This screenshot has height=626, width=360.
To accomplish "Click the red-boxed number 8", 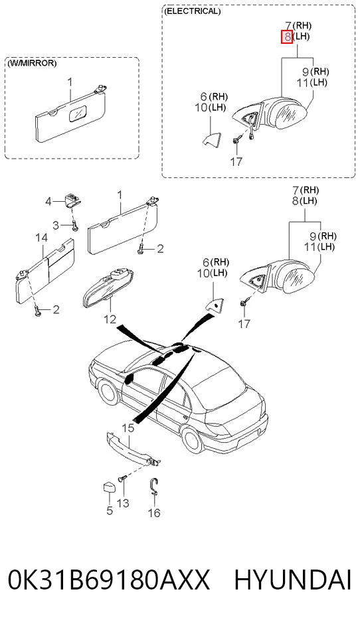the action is tap(287, 37).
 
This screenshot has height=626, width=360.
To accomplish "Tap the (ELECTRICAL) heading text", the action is tap(192, 11).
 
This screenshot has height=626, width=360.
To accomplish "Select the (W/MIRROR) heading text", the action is tap(31, 63).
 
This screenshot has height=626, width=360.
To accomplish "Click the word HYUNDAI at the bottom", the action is tap(293, 580).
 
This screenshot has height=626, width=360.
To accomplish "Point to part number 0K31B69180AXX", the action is tap(109, 580).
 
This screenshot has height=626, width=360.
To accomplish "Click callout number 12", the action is tap(110, 319).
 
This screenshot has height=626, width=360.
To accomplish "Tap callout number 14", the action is tap(42, 238).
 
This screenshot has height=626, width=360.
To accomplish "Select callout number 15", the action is tap(128, 428).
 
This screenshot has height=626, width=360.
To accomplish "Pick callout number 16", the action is tap(154, 512).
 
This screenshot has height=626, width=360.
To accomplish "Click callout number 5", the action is tap(110, 510).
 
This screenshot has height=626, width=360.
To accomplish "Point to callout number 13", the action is tap(123, 503).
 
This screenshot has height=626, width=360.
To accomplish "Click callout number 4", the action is tap(48, 202).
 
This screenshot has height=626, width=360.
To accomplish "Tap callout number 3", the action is tap(56, 225).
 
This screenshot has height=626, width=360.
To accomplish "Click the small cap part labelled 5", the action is tap(108, 488).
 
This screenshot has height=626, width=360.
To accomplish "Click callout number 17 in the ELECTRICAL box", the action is tap(236, 162).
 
